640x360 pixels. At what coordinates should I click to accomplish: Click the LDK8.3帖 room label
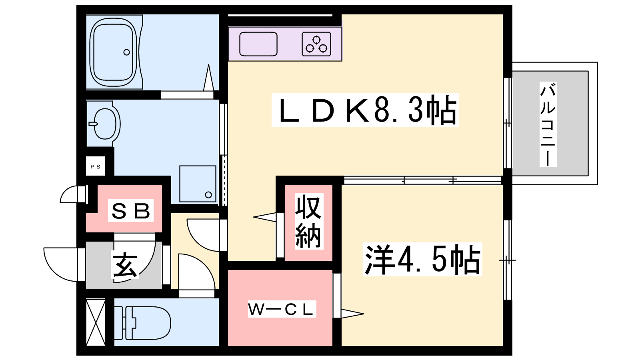(365, 110)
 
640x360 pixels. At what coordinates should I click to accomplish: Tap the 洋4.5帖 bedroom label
(422, 260)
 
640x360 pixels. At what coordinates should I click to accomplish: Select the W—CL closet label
(282, 309)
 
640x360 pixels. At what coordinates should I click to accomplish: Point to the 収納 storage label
(308, 221)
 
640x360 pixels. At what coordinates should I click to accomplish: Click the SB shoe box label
(130, 210)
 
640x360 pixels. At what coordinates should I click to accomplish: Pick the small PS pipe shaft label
(96, 166)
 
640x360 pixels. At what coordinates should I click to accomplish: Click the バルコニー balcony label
(548, 124)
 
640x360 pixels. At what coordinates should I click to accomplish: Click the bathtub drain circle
(126, 52)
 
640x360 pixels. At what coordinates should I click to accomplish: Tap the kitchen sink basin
(258, 44)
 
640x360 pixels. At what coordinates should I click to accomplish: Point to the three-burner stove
(316, 44)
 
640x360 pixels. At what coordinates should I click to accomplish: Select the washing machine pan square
(198, 184)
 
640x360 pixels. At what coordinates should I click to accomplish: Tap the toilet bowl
(142, 323)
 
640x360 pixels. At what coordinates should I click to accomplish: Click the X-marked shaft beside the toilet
(96, 322)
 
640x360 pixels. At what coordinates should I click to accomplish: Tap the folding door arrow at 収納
(265, 217)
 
